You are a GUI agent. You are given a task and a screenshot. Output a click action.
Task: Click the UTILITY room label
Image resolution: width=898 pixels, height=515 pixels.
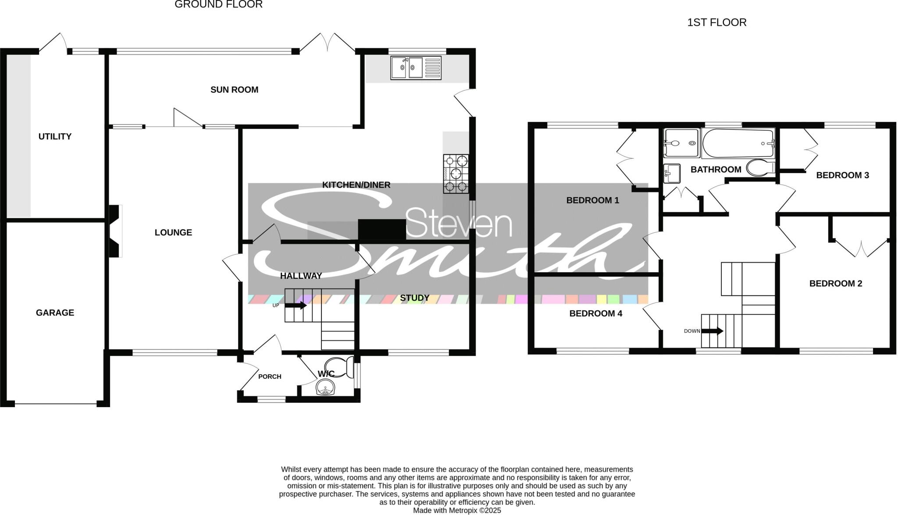(x=55, y=136)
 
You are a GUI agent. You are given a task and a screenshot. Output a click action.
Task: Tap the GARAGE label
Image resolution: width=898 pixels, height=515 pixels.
(x=55, y=313)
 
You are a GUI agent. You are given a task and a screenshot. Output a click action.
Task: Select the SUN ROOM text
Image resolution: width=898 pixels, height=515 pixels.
(x=234, y=89)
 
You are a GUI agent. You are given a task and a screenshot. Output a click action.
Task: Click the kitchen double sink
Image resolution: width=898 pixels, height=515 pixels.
(x=415, y=68)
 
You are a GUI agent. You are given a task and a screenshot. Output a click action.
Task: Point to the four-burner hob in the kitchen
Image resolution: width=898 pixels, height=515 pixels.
(x=456, y=174)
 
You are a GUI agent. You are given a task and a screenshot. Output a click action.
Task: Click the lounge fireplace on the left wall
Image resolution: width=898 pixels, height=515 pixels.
(x=115, y=231)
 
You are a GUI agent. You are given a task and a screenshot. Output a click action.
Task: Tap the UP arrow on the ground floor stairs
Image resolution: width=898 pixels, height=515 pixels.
(x=296, y=305)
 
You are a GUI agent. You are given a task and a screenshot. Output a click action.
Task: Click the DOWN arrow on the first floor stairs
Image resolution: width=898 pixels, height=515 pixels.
(x=712, y=331)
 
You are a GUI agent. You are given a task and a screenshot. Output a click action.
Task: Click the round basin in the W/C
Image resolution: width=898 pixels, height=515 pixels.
(x=325, y=387)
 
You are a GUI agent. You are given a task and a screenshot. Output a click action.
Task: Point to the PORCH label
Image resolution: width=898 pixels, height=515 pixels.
(x=270, y=376)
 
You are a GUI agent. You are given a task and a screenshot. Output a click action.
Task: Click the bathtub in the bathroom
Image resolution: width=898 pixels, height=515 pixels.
(x=738, y=143)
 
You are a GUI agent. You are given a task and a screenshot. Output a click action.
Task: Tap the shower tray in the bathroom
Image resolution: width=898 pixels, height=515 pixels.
(x=681, y=143)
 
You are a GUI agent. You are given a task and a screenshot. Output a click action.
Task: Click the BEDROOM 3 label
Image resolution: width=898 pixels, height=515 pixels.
(x=842, y=175)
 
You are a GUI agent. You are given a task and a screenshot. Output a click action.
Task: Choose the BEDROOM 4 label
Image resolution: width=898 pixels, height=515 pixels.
(x=595, y=313)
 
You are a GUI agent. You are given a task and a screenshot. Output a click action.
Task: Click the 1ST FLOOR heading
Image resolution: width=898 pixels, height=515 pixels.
(x=716, y=22)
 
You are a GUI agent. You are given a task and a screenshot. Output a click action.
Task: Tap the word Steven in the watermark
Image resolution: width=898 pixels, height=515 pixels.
(x=459, y=223)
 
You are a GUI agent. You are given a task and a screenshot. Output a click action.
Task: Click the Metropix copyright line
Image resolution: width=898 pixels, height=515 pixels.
(x=457, y=511)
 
